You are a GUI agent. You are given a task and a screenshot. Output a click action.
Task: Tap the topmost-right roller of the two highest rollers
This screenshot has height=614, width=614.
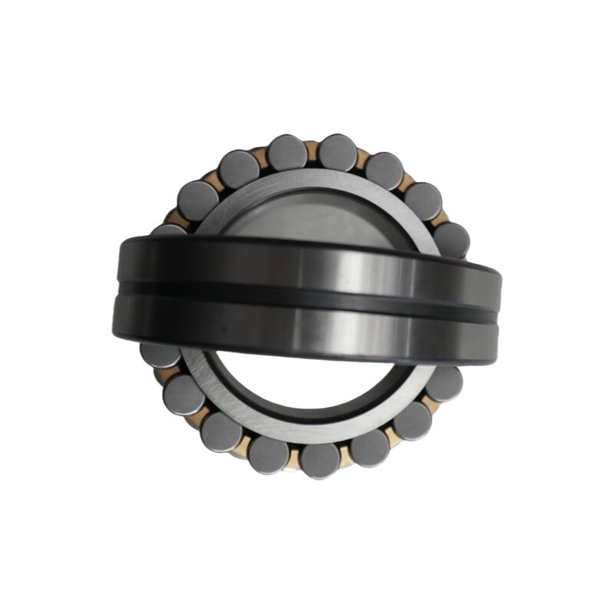[x=338, y=152]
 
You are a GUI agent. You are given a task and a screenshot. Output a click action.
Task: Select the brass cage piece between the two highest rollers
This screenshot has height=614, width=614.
[x=312, y=150]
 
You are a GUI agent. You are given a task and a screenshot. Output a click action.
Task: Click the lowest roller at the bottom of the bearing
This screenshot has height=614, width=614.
[x=319, y=460]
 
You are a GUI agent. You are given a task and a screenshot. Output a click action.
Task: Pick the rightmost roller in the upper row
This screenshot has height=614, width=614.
[x=451, y=239]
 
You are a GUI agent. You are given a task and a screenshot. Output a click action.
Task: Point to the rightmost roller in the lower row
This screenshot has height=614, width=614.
[x=444, y=383]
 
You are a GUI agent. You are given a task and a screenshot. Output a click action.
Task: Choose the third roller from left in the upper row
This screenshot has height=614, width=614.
[x=238, y=170]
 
